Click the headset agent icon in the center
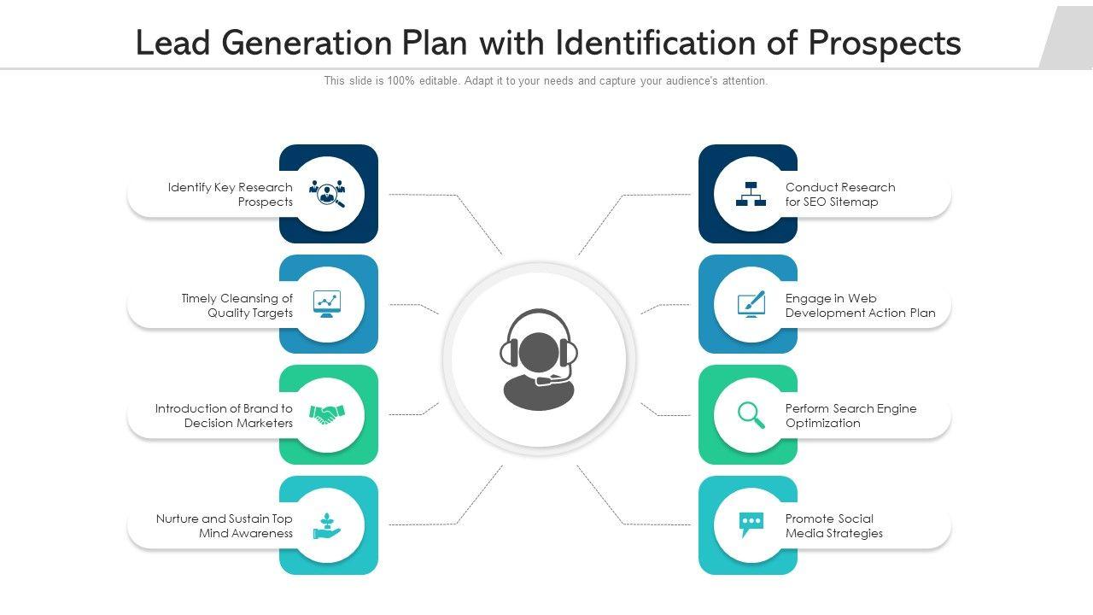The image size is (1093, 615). (539, 360)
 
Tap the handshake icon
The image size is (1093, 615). (327, 415)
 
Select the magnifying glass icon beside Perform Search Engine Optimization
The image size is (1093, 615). (751, 415)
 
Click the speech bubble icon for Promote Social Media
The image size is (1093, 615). (751, 524)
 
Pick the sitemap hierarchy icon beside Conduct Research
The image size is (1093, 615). (751, 194)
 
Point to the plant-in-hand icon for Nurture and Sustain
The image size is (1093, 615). (327, 525)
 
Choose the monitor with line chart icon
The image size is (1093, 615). (327, 304)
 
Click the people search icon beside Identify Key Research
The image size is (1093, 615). (327, 194)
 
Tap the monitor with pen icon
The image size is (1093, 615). (751, 304)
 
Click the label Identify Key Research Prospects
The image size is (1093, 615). (231, 195)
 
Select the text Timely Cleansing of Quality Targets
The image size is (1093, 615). (237, 306)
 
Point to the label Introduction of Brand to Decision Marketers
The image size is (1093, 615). (224, 416)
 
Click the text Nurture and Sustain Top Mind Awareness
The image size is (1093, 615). (225, 526)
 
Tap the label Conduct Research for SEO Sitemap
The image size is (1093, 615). (840, 195)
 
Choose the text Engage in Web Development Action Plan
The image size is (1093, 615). (860, 306)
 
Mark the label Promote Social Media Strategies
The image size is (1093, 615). (833, 526)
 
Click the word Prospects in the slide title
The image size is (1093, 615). (885, 43)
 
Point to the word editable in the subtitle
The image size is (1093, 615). (438, 81)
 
